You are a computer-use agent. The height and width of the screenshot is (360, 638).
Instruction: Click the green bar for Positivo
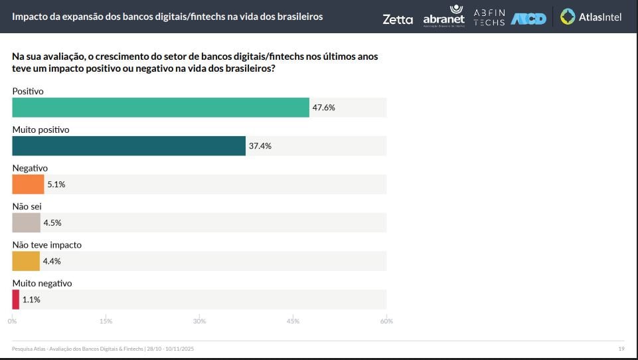point(161,108)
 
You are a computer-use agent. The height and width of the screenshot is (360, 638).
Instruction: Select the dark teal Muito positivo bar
point(129,146)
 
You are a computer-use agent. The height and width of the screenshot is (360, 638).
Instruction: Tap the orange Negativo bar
point(28,185)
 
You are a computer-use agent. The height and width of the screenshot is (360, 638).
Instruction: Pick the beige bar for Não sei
point(26,223)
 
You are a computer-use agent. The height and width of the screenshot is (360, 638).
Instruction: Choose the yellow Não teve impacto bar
point(26,261)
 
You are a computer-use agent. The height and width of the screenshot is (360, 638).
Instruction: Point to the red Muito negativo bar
point(15,300)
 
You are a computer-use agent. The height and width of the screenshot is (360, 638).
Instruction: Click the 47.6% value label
point(323,108)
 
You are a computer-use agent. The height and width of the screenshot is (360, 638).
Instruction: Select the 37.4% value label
point(260,146)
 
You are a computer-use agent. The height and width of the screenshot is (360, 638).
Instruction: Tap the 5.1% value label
point(56,185)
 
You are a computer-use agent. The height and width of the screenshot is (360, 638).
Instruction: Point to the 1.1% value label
point(31,300)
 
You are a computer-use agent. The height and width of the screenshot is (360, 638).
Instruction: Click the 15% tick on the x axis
point(106,321)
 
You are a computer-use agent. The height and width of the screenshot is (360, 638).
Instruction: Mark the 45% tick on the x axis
point(293,321)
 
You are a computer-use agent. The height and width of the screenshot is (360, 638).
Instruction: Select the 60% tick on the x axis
point(386,321)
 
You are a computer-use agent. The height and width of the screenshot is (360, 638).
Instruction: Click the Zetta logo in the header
point(398,19)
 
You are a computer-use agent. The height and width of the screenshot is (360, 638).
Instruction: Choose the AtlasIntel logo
point(591,17)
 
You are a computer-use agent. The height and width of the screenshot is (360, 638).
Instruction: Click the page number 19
point(621,349)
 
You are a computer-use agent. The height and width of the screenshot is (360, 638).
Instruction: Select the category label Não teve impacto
point(47,245)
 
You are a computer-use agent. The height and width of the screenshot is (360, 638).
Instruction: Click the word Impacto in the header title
point(31,16)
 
